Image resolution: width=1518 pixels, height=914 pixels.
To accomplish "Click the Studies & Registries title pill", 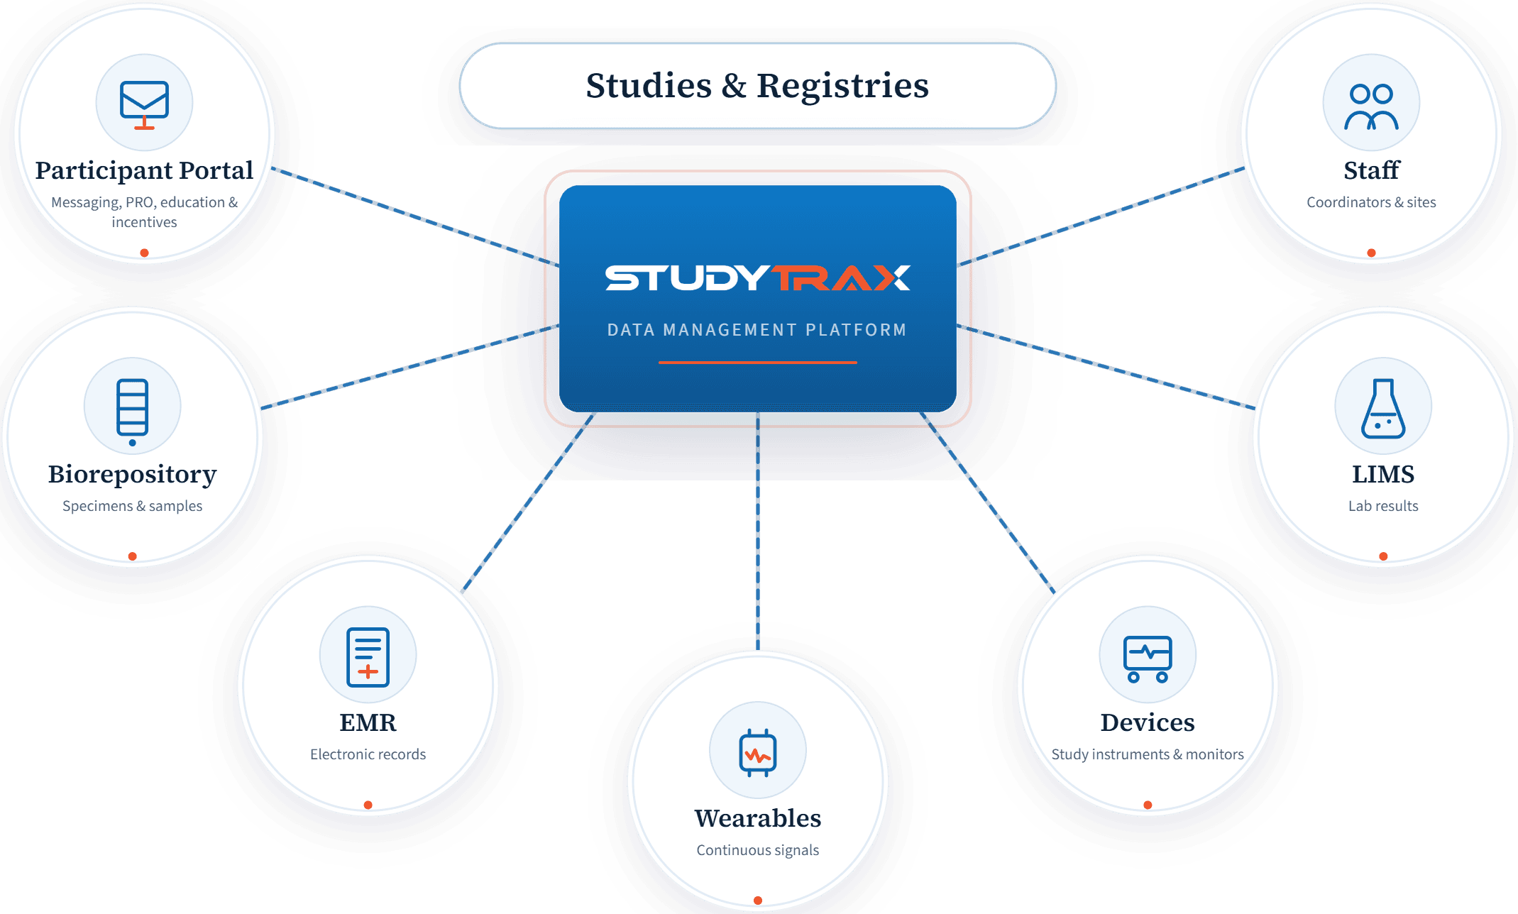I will [757, 86].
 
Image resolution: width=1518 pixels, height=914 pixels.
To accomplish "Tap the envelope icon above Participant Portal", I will [144, 103].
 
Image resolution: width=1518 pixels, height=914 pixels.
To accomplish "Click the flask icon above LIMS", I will [1382, 407].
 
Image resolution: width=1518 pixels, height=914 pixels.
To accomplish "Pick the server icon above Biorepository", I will [133, 407].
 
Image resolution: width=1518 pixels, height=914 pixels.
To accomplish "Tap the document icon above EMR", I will [368, 656].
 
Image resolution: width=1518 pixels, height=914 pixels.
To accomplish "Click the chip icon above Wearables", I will [757, 751].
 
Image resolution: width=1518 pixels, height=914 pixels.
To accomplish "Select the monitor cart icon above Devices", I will [1147, 656].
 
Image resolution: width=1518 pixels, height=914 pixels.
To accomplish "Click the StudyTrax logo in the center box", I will [757, 277].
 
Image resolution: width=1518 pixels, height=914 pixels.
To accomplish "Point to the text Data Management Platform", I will [757, 330].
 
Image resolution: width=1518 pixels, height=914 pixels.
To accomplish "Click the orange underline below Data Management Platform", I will [757, 363].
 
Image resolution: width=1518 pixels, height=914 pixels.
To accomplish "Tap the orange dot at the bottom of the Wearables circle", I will [758, 900].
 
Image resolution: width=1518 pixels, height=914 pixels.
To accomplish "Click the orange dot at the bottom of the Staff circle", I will [1371, 253].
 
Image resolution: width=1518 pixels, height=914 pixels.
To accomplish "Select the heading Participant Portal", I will [144, 170].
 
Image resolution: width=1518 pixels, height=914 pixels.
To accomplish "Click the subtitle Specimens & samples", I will [133, 506].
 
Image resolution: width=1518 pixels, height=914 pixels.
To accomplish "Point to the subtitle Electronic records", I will [368, 754].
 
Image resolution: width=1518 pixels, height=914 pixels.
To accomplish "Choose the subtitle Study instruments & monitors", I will [1147, 754].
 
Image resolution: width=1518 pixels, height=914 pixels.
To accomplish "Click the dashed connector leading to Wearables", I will [758, 532].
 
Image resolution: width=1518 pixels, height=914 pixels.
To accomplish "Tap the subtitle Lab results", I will [1382, 506].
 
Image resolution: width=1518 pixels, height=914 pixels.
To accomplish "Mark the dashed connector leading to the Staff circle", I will [1100, 216].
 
